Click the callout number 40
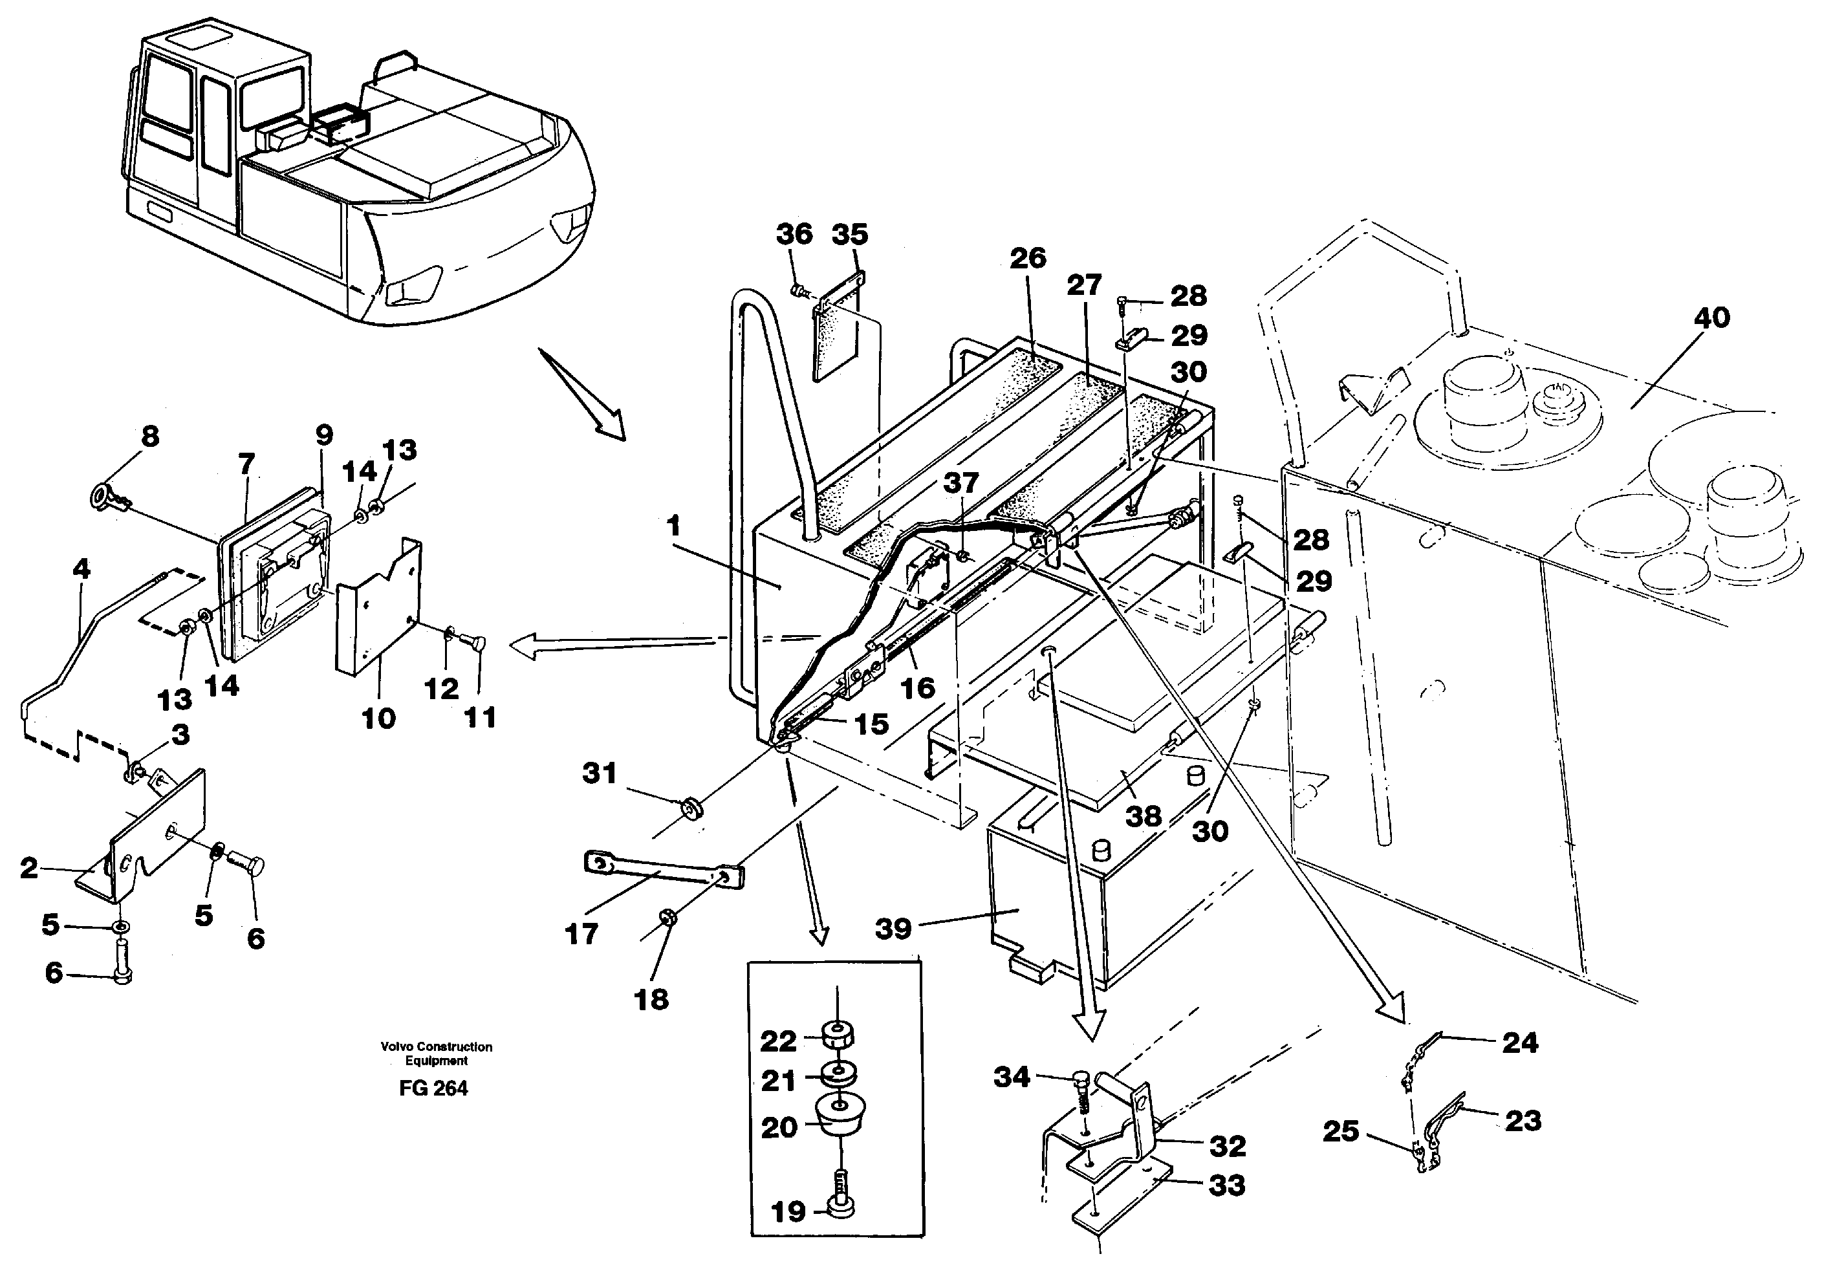pos(1711,318)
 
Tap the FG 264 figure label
pos(433,1088)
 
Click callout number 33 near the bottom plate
pos(1226,1185)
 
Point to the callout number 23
pos(1522,1121)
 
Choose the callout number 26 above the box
pos(1028,258)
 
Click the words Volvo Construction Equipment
pos(436,1053)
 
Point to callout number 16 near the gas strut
pos(917,687)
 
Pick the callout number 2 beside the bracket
pos(28,868)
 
